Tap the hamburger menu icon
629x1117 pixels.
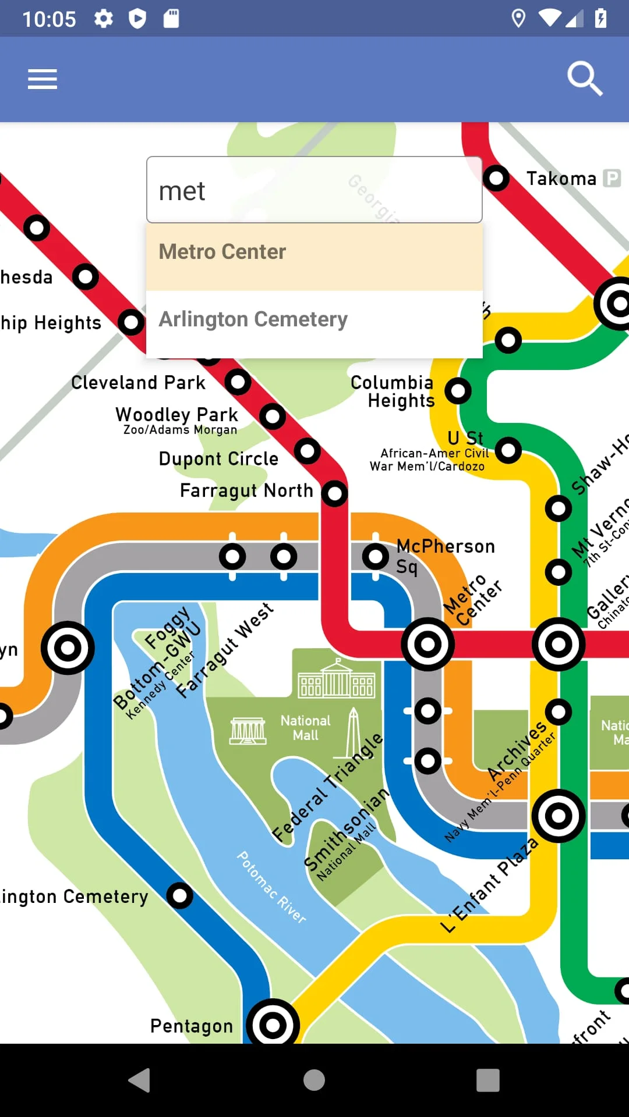point(43,79)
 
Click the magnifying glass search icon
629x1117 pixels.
point(584,78)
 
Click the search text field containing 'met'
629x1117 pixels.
point(314,190)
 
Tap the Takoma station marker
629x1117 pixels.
point(496,178)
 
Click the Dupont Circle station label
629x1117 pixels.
point(218,458)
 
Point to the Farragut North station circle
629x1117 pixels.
point(334,493)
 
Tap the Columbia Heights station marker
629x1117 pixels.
point(458,390)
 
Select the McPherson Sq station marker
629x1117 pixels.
point(376,557)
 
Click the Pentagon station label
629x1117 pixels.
point(192,1026)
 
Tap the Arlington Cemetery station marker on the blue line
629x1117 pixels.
point(179,895)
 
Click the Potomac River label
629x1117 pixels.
point(271,887)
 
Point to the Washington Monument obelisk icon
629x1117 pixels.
point(352,732)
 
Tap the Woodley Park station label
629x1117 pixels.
point(177,414)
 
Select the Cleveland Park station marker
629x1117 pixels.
point(238,382)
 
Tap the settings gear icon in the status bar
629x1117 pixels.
point(104,19)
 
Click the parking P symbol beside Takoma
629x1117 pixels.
point(612,178)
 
